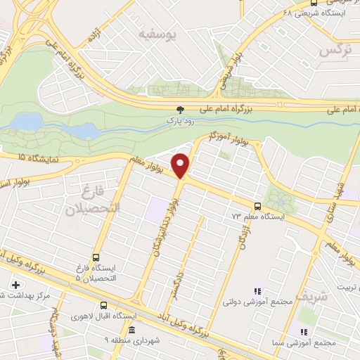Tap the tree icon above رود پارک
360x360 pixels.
[x=181, y=110]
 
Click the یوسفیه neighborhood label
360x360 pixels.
[x=156, y=34]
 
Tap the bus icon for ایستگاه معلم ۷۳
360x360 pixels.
[x=257, y=206]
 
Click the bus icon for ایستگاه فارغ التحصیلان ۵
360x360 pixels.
[x=96, y=257]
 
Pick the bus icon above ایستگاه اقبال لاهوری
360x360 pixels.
[x=103, y=305]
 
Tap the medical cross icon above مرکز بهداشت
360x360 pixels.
[x=15, y=285]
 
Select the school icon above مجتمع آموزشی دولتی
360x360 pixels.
[x=257, y=290]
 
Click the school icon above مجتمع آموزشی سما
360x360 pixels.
[x=304, y=331]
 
